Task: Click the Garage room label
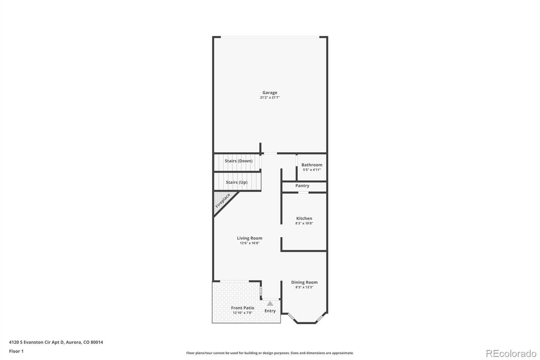(270, 93)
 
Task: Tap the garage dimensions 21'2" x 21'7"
(270, 98)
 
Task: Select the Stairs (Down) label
(239, 161)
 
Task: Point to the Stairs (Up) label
(237, 182)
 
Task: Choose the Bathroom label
(312, 165)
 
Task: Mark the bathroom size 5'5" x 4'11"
(312, 170)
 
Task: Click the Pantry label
(302, 186)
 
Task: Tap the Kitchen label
(304, 218)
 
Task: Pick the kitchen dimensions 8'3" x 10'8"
(304, 223)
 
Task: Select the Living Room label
(249, 238)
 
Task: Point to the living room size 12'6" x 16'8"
(249, 243)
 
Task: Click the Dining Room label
(304, 282)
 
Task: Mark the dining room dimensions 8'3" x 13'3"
(304, 287)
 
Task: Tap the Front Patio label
(242, 308)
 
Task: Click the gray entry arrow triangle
(270, 304)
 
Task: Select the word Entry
(270, 311)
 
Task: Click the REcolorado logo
(511, 353)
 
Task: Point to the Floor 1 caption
(16, 351)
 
